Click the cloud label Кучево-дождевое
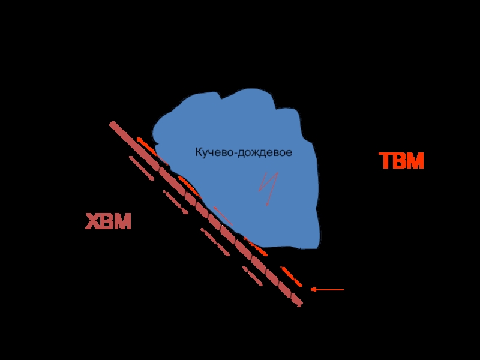[x=244, y=153]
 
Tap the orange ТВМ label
[x=401, y=161]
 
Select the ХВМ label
[x=108, y=222]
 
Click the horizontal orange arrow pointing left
[x=327, y=290]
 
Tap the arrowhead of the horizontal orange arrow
[x=313, y=290]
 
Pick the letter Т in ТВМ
[x=386, y=161]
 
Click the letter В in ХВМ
[x=107, y=222]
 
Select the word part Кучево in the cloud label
[x=213, y=153]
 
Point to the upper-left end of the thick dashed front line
[x=112, y=124]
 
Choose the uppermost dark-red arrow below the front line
[x=142, y=168]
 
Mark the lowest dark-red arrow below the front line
[x=253, y=276]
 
